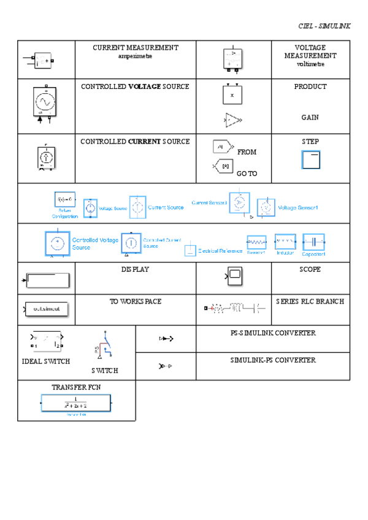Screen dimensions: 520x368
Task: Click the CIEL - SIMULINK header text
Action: (x=324, y=26)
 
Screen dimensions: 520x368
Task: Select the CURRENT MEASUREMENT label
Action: (x=135, y=47)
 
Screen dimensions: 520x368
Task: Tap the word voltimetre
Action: (x=310, y=64)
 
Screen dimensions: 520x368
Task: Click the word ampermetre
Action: (x=135, y=56)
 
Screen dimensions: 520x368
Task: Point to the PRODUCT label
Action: (x=310, y=86)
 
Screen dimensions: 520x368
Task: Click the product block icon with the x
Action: (x=232, y=95)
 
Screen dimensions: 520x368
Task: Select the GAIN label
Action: (x=310, y=117)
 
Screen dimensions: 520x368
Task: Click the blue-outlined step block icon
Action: (x=311, y=160)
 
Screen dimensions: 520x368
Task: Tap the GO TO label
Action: (x=247, y=174)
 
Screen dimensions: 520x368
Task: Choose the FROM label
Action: (x=247, y=151)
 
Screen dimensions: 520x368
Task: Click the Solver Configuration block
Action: (x=65, y=199)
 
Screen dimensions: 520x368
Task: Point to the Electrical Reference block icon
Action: (x=190, y=249)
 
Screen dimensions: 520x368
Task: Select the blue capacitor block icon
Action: (x=313, y=242)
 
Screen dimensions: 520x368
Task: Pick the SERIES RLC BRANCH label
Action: (x=310, y=301)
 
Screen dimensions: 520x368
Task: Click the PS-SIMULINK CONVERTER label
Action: (x=273, y=333)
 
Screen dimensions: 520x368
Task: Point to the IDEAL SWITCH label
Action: (x=46, y=361)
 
